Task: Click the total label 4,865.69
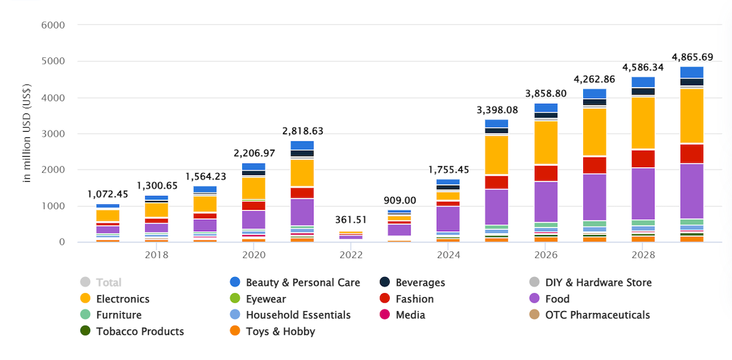[692, 57]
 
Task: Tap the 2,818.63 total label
[303, 131]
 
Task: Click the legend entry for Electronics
[123, 299]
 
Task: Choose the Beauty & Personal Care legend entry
[303, 283]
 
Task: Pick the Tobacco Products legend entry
[140, 331]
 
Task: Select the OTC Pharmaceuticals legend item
[597, 315]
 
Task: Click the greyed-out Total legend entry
[109, 283]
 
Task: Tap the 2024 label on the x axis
[448, 254]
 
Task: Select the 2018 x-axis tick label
[157, 254]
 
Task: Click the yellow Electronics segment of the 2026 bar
[546, 142]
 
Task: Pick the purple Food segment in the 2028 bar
[643, 193]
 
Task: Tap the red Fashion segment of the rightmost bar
[692, 153]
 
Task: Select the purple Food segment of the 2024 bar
[448, 218]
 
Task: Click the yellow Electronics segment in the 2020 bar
[254, 188]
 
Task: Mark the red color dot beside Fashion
[385, 299]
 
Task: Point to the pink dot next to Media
[385, 315]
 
